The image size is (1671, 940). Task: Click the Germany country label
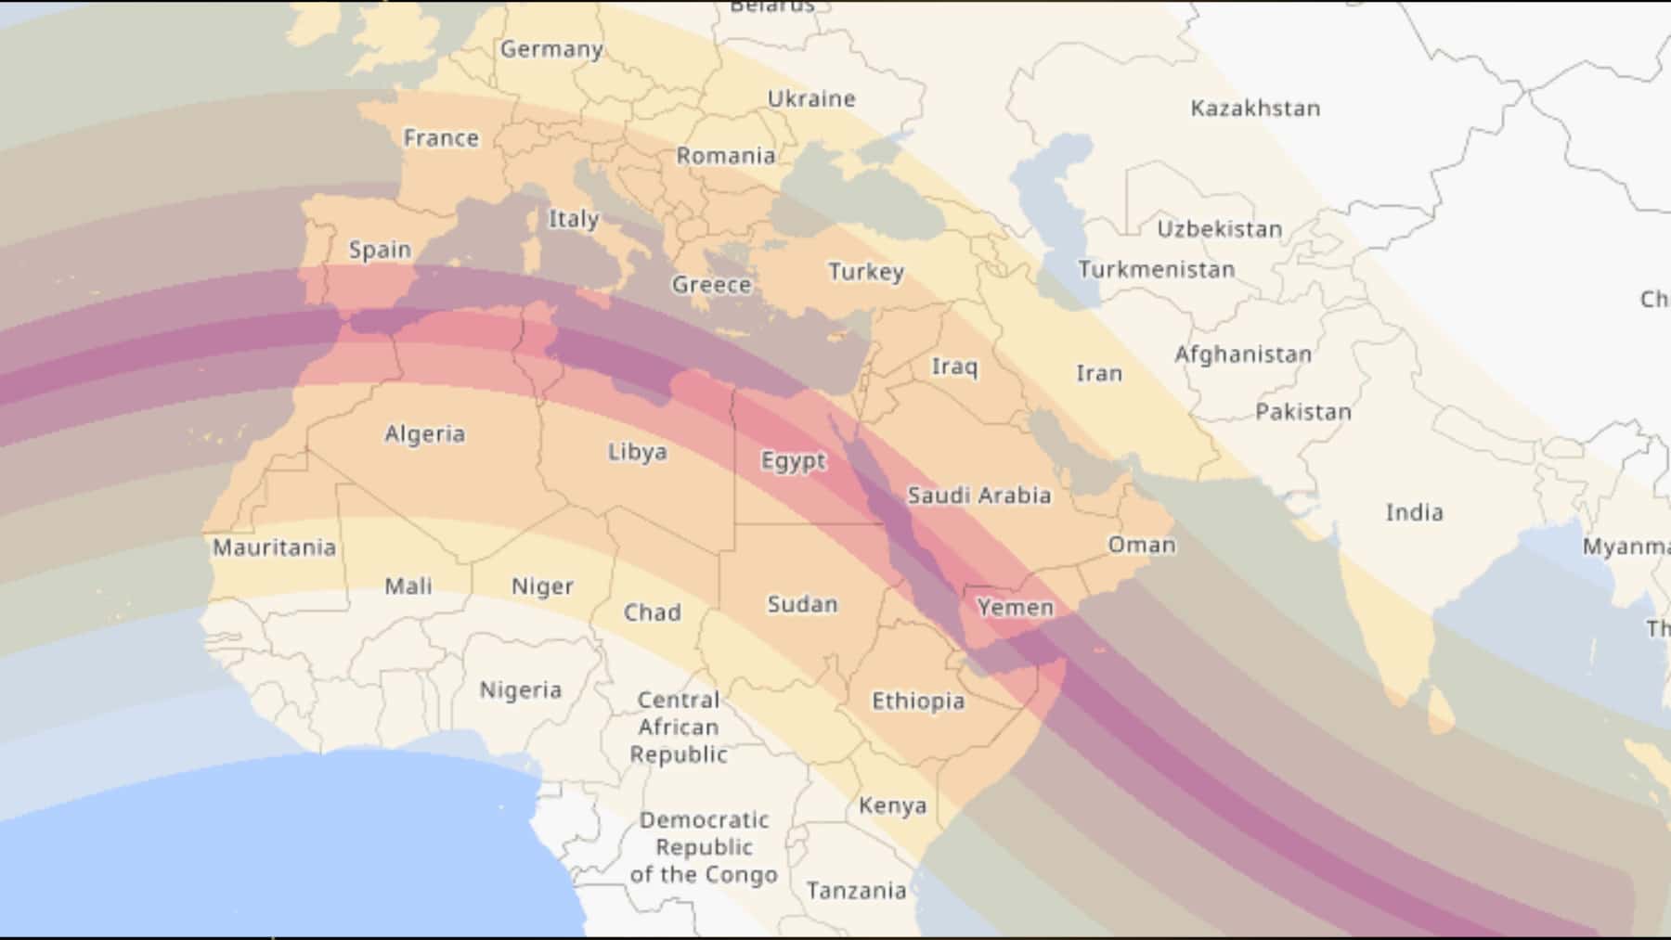(x=551, y=49)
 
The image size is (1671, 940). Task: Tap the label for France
(x=441, y=138)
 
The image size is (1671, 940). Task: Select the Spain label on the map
(x=380, y=250)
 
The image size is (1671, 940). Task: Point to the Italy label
(x=574, y=219)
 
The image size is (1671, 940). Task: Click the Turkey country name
(x=866, y=272)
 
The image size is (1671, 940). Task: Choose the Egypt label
(x=793, y=461)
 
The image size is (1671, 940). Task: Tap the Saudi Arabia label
(x=979, y=496)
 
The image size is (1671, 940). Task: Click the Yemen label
(x=1016, y=608)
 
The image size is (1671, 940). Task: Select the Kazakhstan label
(x=1255, y=109)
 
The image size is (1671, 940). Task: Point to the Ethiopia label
(x=918, y=702)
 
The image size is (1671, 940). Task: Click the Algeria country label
(x=425, y=434)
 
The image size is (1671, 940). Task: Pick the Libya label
(x=638, y=452)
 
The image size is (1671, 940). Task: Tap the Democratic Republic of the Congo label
(x=704, y=847)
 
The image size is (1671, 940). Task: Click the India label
(x=1414, y=512)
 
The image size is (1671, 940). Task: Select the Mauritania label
(x=274, y=547)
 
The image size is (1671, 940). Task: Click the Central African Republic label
(x=679, y=728)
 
